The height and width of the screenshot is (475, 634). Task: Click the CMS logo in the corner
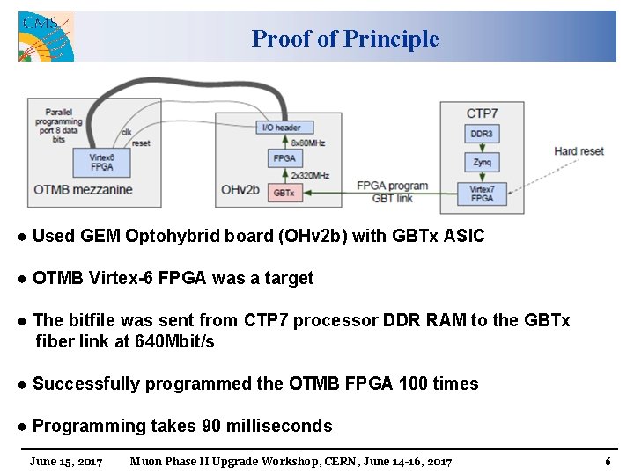47,36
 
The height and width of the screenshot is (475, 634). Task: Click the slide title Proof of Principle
344,39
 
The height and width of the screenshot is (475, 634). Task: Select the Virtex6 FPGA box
102,162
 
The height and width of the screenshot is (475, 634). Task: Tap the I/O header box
281,128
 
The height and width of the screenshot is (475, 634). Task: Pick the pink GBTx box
284,192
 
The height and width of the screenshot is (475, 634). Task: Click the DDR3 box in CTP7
482,134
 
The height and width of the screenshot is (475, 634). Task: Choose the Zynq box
482,163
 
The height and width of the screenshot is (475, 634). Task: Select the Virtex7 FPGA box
482,194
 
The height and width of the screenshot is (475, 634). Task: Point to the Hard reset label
579,150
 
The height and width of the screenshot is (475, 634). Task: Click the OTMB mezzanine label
83,189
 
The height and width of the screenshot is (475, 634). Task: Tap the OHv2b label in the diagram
240,189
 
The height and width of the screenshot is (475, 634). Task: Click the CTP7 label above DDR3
482,113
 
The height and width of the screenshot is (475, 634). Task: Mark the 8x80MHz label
308,142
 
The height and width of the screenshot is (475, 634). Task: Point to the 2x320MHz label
311,175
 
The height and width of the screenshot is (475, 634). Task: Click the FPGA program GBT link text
392,192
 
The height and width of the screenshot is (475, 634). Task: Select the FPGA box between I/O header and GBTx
284,158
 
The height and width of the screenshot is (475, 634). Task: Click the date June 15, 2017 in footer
66,461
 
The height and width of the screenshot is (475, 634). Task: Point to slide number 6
608,461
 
